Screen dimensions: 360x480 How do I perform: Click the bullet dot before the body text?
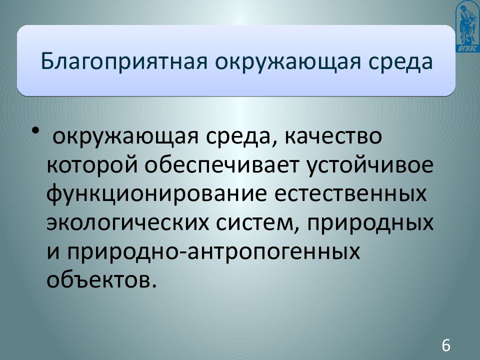click(x=36, y=131)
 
